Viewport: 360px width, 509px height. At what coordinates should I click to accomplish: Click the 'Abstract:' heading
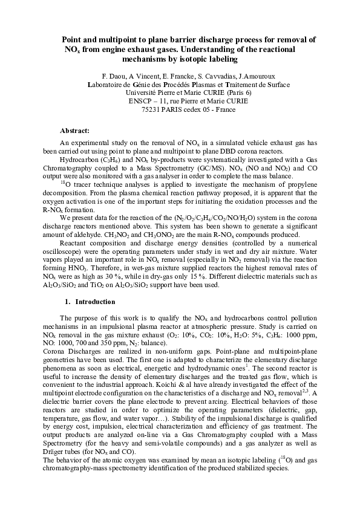(74, 131)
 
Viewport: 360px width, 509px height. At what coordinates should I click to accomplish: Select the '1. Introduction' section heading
(90, 301)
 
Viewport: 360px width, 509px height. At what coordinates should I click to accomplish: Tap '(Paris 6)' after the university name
(236, 93)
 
